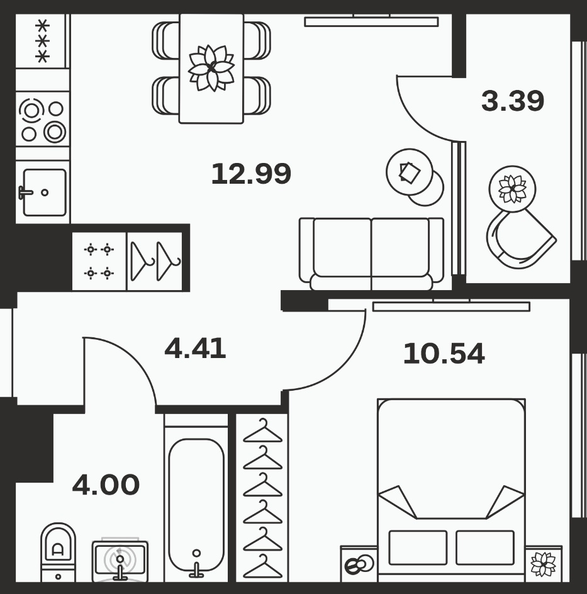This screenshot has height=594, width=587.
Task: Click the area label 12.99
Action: [251, 174]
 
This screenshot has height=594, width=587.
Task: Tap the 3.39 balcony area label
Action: [513, 101]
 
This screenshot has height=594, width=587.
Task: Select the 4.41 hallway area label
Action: [196, 348]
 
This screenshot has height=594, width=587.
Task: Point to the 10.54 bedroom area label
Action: [444, 354]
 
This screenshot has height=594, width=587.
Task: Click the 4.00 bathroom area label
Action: [106, 485]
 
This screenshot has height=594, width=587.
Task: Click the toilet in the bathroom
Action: [58, 552]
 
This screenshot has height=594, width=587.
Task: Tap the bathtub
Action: [196, 508]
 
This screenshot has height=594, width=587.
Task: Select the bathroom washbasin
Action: [120, 561]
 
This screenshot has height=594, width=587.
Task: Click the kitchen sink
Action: [44, 193]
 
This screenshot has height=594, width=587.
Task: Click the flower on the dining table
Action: [211, 68]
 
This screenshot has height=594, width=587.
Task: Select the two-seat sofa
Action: [371, 254]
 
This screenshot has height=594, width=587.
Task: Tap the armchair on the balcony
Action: [520, 238]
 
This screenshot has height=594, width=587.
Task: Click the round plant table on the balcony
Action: [512, 189]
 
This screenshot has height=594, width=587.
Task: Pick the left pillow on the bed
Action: [418, 547]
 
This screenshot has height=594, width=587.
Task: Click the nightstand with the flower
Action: [544, 563]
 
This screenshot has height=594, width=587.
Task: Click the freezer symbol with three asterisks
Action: [42, 42]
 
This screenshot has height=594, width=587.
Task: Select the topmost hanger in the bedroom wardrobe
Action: [262, 431]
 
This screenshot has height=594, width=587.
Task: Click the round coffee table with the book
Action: [410, 172]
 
